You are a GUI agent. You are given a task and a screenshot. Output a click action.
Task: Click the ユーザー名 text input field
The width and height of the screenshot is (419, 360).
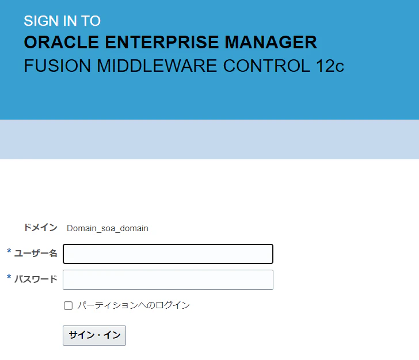click(x=168, y=254)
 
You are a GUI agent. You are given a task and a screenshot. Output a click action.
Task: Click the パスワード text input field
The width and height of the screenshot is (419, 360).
click(x=168, y=279)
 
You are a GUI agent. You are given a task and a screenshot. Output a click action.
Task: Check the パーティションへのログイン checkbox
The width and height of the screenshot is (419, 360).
click(x=68, y=305)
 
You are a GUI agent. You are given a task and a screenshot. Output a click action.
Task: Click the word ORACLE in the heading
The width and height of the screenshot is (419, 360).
click(x=61, y=42)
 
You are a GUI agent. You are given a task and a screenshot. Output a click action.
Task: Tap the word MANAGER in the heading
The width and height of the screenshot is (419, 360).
click(x=271, y=42)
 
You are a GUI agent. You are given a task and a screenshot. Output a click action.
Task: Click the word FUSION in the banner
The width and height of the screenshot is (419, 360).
click(x=58, y=66)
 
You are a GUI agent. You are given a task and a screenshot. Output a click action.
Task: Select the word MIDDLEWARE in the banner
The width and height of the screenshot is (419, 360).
click(x=157, y=66)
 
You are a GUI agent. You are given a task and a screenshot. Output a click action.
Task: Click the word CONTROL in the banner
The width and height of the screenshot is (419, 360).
click(x=266, y=66)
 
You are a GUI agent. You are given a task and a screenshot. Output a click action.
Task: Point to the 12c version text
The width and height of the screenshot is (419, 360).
click(x=330, y=66)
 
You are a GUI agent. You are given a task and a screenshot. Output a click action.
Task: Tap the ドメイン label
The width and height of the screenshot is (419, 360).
click(x=41, y=228)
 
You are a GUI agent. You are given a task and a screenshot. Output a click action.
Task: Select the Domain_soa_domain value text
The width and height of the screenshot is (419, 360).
click(x=108, y=228)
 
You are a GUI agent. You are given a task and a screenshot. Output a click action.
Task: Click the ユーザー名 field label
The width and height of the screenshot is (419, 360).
click(x=36, y=253)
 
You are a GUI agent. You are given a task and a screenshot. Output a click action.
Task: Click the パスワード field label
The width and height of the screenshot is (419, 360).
click(x=36, y=279)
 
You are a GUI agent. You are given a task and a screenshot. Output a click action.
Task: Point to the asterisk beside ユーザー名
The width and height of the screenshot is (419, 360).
click(x=9, y=251)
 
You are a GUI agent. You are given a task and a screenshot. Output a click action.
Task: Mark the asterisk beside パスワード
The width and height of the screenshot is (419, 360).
click(x=9, y=277)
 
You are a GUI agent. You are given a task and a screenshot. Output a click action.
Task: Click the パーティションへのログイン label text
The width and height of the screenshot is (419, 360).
click(x=134, y=305)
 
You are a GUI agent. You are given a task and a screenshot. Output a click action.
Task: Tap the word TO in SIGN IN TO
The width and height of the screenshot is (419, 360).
click(x=91, y=21)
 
